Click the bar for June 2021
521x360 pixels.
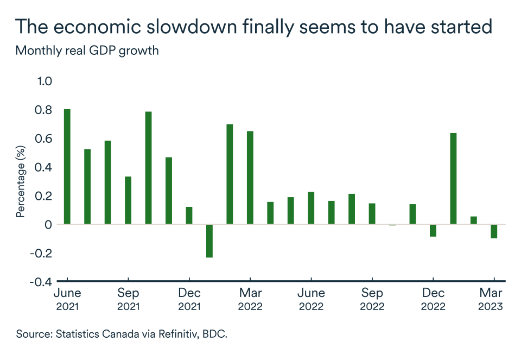(x=67, y=166)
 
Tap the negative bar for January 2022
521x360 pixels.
(x=209, y=241)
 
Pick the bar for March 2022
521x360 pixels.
(x=250, y=177)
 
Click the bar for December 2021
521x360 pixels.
(x=189, y=215)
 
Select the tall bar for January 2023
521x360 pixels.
(x=453, y=178)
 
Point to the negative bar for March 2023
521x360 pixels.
(x=494, y=231)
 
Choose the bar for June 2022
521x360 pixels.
(x=311, y=207)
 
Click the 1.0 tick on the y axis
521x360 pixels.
(x=44, y=81)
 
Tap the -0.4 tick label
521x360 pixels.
(x=41, y=281)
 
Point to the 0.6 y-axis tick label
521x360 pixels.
(x=44, y=138)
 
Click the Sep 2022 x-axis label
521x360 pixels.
(x=372, y=299)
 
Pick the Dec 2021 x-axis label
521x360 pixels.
(x=189, y=299)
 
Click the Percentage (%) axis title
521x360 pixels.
(x=21, y=181)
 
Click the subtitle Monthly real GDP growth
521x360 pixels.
(x=87, y=51)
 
